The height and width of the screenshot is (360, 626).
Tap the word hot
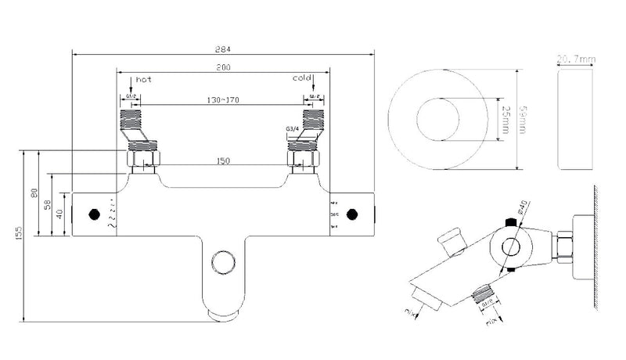143,79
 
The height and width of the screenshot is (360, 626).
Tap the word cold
300,78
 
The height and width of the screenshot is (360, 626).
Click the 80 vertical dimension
34,193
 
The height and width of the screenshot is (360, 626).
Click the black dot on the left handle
95,214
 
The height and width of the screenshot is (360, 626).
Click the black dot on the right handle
351,214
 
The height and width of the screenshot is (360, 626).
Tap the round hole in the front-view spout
223,263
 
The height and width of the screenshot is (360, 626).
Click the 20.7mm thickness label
577,57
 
